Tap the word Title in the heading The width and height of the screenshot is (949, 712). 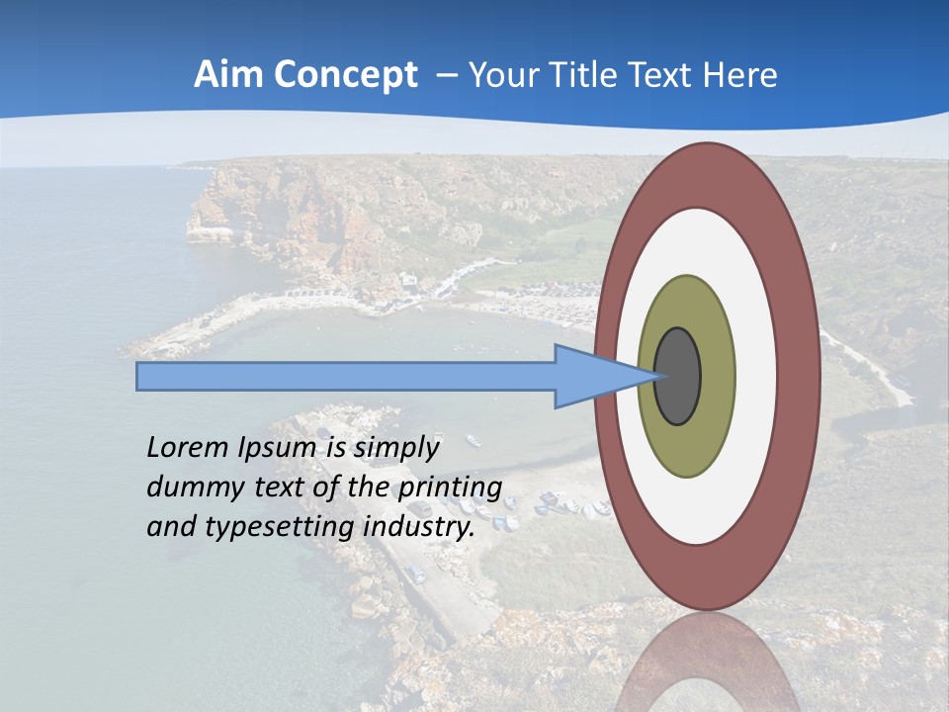point(593,75)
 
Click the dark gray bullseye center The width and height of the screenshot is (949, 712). point(677,377)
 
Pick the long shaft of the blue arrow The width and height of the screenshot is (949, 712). point(346,377)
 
